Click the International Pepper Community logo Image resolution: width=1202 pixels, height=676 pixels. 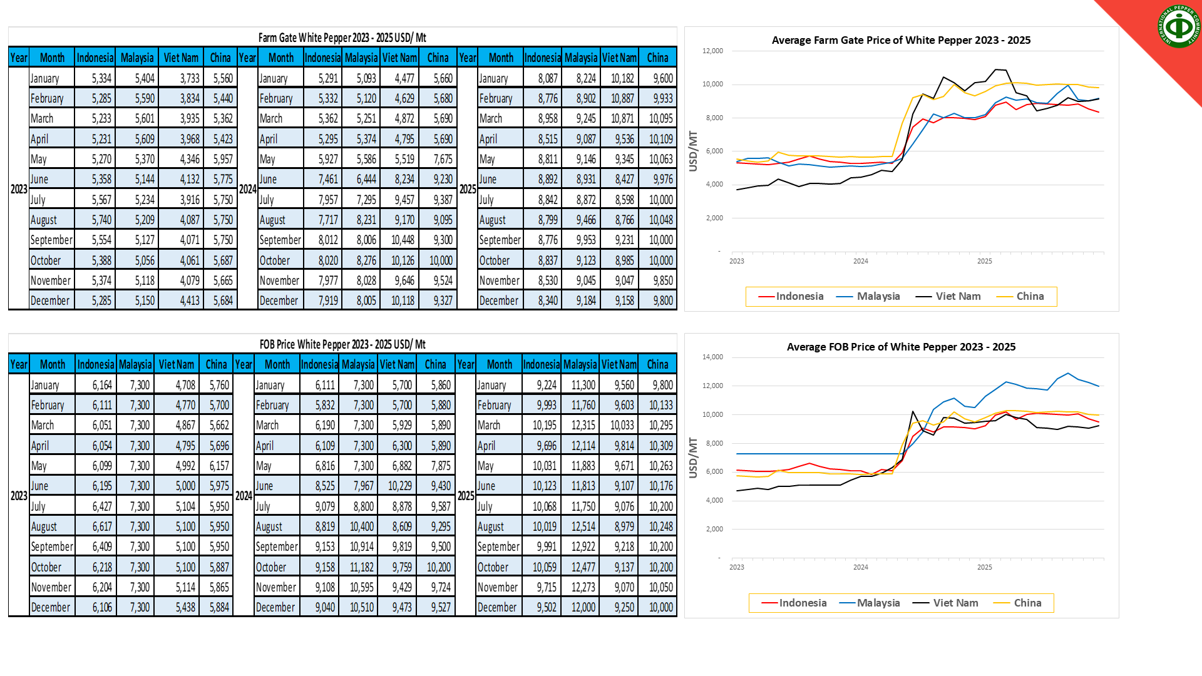(1179, 26)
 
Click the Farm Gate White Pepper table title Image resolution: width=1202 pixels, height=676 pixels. (342, 38)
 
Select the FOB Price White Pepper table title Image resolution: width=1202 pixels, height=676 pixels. (342, 344)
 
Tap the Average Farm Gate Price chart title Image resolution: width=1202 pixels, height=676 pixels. (901, 40)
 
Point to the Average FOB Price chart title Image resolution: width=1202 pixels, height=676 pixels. (901, 347)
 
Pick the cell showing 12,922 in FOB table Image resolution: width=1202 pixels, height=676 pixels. (583, 546)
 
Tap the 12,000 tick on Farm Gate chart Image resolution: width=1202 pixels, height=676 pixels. (712, 51)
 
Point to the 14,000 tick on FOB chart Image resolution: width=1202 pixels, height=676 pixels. (712, 357)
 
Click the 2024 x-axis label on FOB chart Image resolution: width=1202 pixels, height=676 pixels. (860, 567)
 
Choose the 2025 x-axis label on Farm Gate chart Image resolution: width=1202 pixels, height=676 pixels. (984, 261)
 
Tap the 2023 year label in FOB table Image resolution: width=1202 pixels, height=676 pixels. (19, 496)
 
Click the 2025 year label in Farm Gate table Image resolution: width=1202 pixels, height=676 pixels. (467, 189)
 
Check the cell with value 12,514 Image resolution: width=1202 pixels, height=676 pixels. (583, 526)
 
